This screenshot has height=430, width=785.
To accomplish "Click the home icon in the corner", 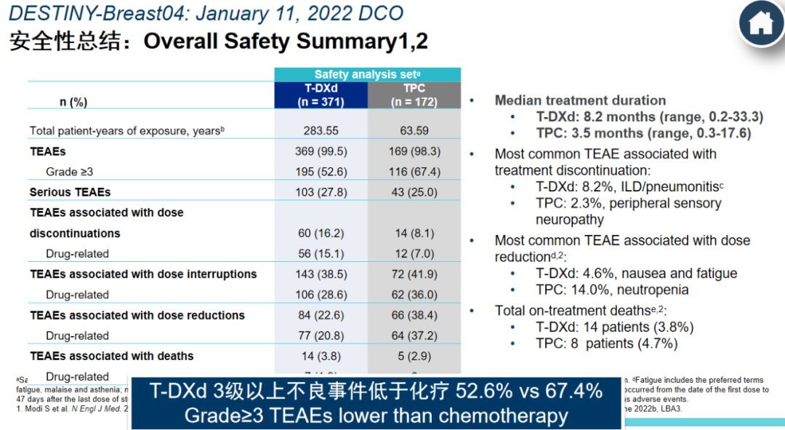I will [x=761, y=23].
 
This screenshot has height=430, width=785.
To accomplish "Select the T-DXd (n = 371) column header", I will [x=321, y=95].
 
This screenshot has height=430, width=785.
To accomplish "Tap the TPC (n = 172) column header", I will [x=414, y=95].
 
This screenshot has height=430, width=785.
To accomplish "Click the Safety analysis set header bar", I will [x=367, y=74].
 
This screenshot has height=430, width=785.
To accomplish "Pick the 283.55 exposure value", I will [x=321, y=131].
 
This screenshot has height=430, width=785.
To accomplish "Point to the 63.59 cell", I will [x=414, y=131].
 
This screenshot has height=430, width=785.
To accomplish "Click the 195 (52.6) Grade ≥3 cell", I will [x=321, y=172].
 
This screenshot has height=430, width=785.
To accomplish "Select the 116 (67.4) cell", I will [x=414, y=172].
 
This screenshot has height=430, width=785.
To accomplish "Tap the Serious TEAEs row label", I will [x=70, y=192].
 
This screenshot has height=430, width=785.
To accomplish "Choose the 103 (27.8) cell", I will [x=321, y=192].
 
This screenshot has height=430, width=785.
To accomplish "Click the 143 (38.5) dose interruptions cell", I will [x=321, y=274].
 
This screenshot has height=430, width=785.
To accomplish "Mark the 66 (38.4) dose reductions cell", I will [x=414, y=315].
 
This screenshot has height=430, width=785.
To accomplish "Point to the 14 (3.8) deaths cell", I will [x=321, y=356].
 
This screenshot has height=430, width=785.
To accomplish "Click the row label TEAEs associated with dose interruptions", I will [x=143, y=274].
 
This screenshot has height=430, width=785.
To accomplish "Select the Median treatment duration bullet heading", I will [x=580, y=100].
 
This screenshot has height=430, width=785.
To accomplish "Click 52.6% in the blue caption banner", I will [x=484, y=391].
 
